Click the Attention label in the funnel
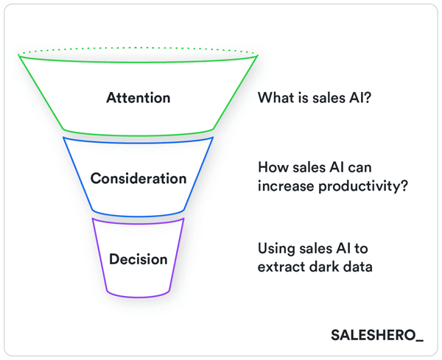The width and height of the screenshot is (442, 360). pyautogui.click(x=138, y=98)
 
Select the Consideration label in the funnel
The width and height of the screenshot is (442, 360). pyautogui.click(x=138, y=179)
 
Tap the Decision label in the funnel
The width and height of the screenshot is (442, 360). pyautogui.click(x=138, y=259)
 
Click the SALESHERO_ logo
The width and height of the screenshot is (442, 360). pyautogui.click(x=376, y=336)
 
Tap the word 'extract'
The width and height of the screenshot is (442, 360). pyautogui.click(x=279, y=266)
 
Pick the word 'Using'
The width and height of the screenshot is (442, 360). pyautogui.click(x=276, y=248)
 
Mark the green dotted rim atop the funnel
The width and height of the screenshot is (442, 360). pyautogui.click(x=138, y=48)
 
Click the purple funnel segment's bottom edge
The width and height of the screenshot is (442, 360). pyautogui.click(x=138, y=296)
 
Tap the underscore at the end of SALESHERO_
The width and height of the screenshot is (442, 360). pyautogui.click(x=419, y=340)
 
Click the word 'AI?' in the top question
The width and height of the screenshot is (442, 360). pyautogui.click(x=358, y=98)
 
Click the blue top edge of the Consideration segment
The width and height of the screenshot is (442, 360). pyautogui.click(x=138, y=138)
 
